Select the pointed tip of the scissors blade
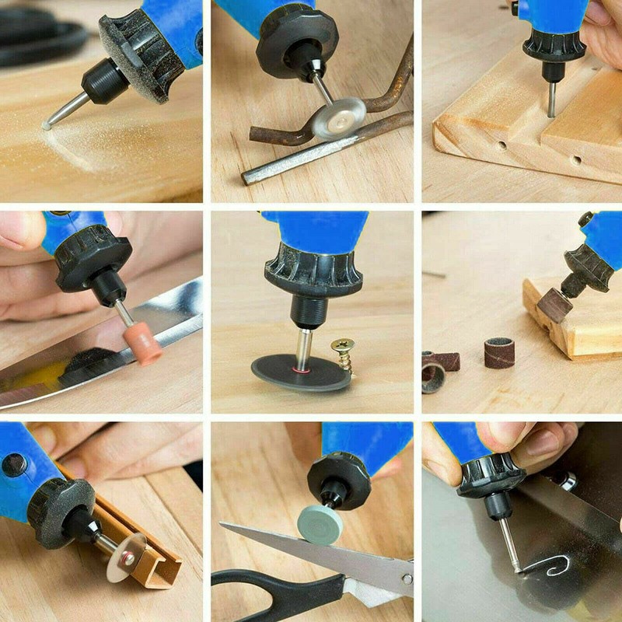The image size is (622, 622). point(225,527)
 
